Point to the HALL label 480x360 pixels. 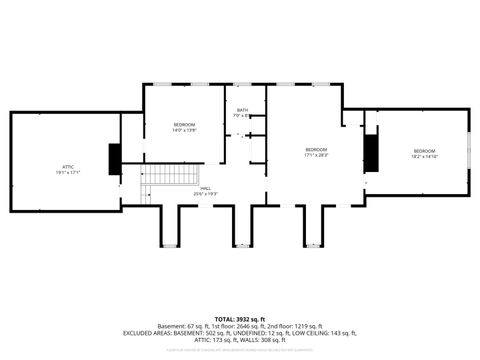point(205,187)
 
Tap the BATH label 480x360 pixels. point(242,111)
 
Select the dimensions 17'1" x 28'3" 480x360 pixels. point(316,155)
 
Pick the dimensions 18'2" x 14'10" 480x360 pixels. point(424,156)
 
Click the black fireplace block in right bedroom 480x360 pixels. point(372,151)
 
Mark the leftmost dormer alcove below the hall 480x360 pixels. point(171,225)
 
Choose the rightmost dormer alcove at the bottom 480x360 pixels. point(314,225)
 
